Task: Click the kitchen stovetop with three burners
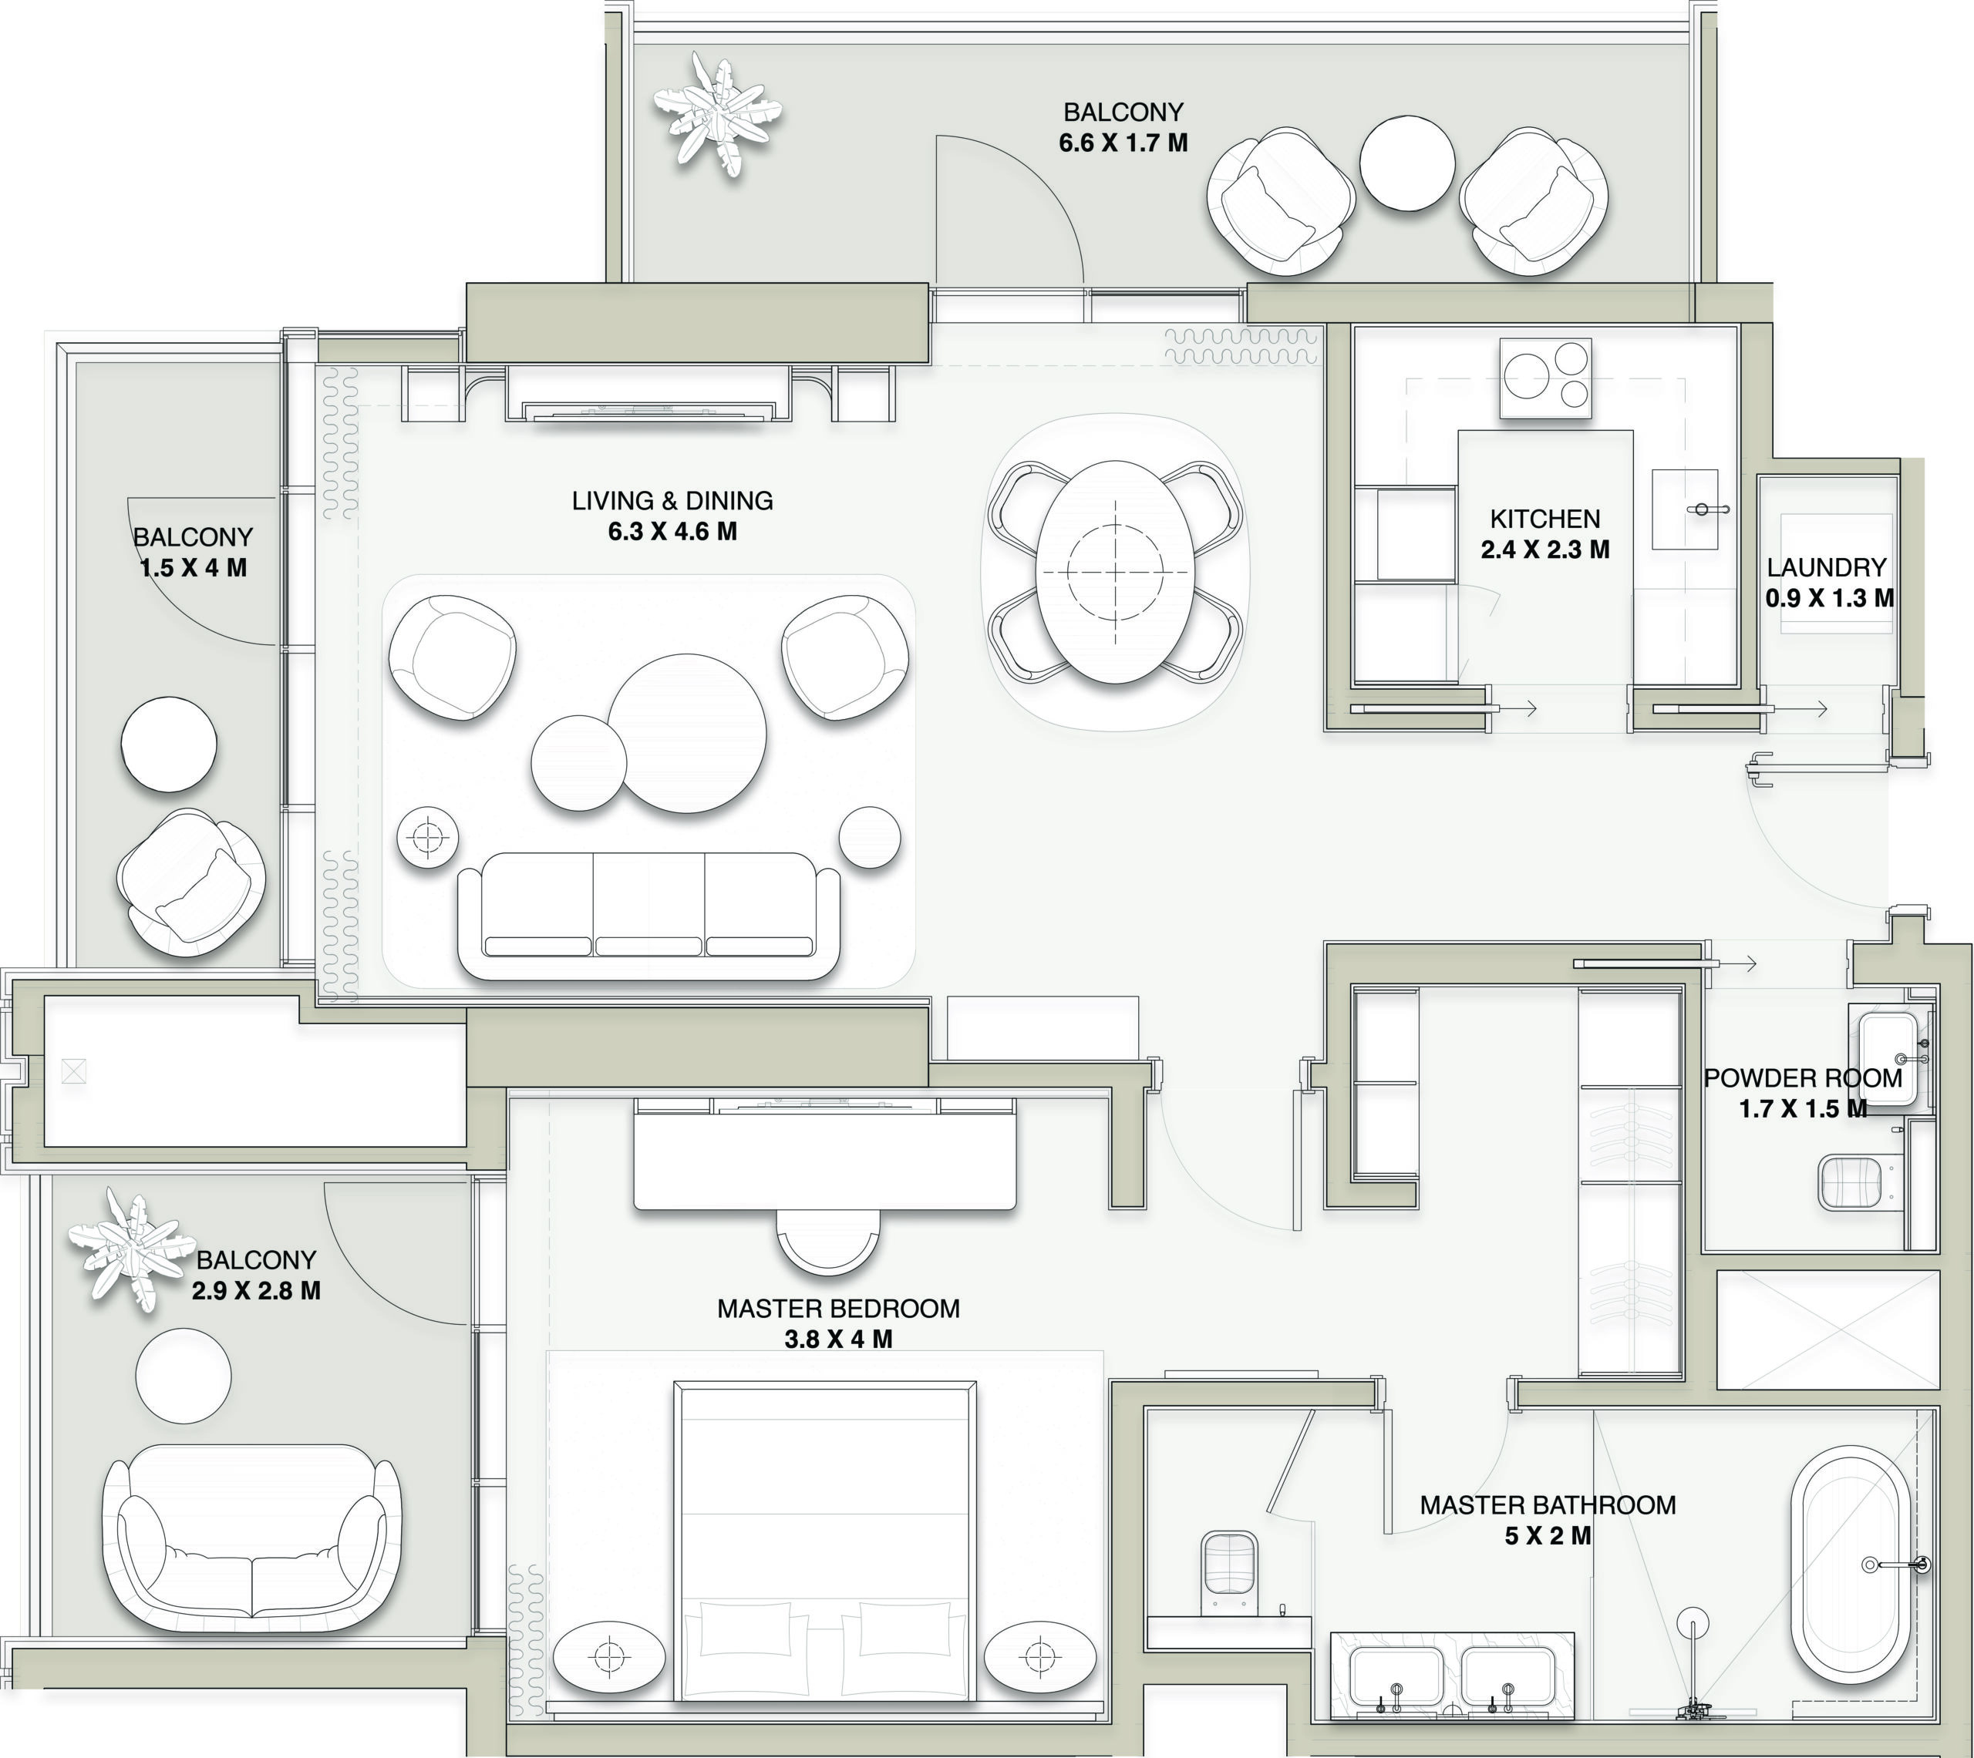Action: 1545,378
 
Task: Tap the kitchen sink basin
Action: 1684,509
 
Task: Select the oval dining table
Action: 1115,572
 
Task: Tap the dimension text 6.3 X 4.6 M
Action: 672,531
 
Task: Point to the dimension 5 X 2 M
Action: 1548,1534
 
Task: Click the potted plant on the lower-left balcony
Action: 129,1251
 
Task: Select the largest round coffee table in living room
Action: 687,733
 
